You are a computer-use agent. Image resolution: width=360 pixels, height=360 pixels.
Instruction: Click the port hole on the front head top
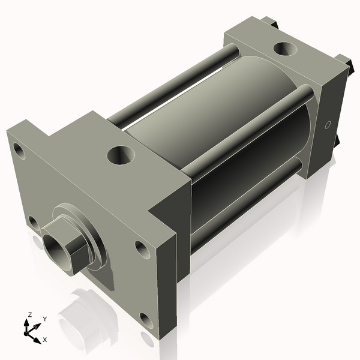click(119, 156)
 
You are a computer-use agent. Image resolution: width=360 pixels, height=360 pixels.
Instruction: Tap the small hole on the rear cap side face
click(327, 125)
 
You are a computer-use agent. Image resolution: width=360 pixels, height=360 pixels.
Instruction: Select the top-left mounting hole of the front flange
click(20, 150)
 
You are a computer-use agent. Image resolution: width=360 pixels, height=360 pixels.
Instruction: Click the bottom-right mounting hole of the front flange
click(144, 319)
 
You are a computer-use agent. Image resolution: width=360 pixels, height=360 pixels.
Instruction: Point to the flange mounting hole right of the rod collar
click(141, 247)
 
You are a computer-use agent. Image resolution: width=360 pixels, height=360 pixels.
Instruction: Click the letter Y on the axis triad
click(44, 319)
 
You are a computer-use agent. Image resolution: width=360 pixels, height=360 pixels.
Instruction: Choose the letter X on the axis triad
click(44, 340)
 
